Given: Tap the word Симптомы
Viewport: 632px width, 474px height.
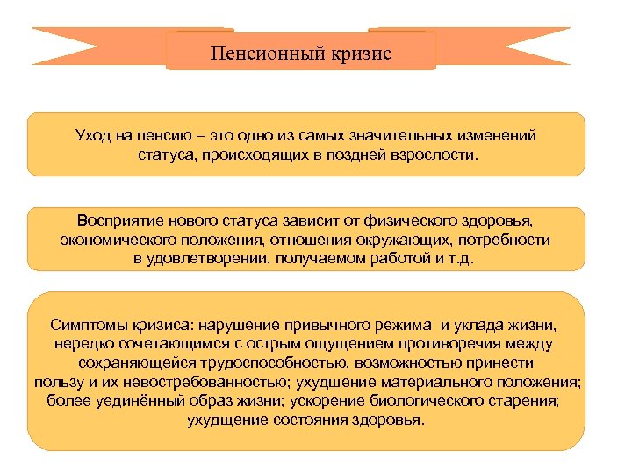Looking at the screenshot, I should click(x=87, y=325).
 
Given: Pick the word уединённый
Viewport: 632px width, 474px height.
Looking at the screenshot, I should click(x=129, y=400).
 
